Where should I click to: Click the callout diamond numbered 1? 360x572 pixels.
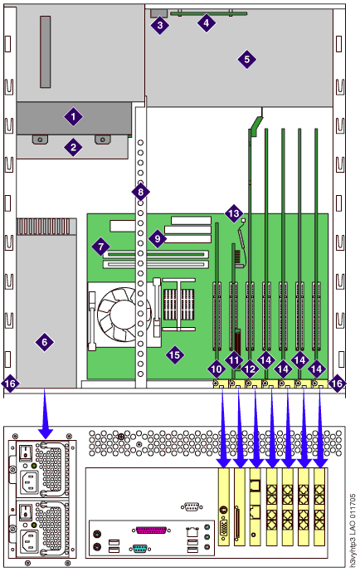[x=73, y=117]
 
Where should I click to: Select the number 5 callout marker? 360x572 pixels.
[x=246, y=59]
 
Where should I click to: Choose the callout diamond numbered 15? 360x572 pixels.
[x=174, y=354]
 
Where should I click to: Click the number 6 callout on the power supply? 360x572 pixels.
[x=45, y=342]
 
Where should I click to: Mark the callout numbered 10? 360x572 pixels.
[x=216, y=369]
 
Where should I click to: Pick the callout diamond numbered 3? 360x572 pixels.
[x=159, y=26]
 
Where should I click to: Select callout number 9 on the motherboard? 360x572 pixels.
[x=158, y=239]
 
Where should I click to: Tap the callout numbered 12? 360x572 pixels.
[x=250, y=369]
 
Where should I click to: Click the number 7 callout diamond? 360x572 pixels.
[x=100, y=247]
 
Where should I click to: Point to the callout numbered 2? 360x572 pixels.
[x=73, y=148]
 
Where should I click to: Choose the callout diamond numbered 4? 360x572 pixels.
[x=207, y=23]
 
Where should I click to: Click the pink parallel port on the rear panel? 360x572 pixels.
[x=151, y=530]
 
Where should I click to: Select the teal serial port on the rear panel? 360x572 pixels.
[x=139, y=548]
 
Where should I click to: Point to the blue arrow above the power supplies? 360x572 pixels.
[x=45, y=413]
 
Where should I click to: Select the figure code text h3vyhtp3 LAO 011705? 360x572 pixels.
[x=353, y=531]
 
